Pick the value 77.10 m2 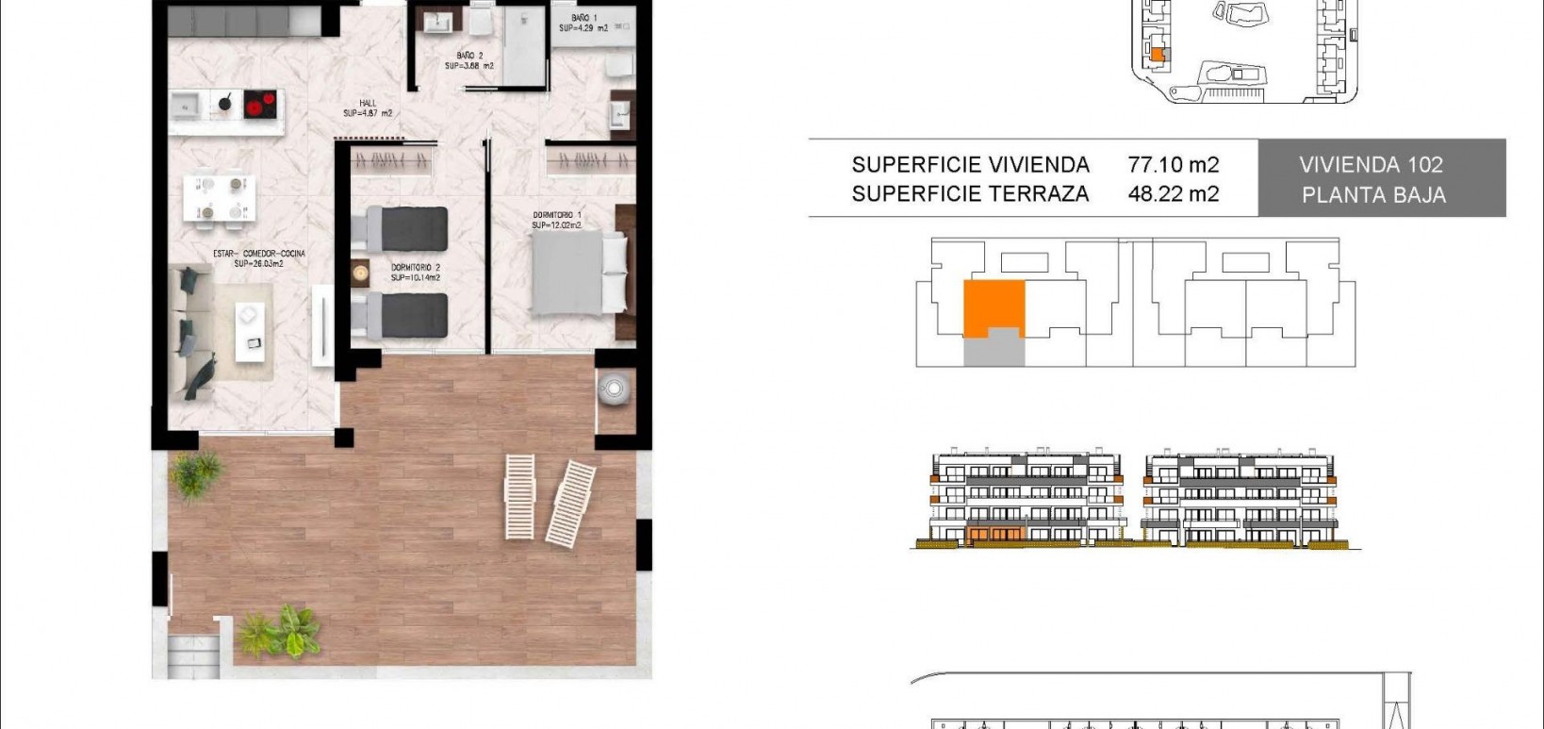coord(1173,165)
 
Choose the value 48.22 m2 coord(1173,194)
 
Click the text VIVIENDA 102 coord(1371,165)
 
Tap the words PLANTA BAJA coord(1373,195)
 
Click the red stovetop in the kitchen coord(261,103)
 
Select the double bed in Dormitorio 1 coord(578,273)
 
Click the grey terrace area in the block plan coord(993,351)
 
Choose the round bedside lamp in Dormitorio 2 coord(360,273)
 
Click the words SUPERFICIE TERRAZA coord(970,194)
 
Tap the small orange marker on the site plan coord(1158,56)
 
